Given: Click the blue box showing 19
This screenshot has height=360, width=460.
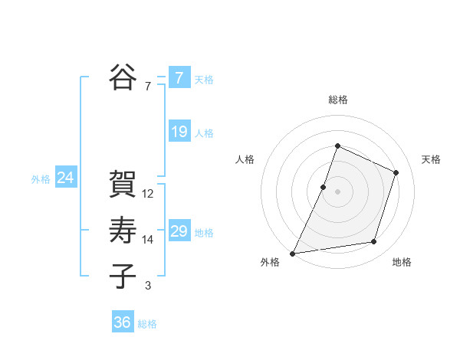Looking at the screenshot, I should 179,132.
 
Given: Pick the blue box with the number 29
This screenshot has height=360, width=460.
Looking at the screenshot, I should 179,231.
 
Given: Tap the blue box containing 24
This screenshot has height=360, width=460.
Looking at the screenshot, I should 65,178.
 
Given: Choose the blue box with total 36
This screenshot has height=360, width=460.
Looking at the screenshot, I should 123,322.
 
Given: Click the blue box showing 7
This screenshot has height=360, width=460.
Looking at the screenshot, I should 179,77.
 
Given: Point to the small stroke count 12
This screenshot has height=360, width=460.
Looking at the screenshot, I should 148,194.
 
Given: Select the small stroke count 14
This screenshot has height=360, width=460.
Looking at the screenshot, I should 148,240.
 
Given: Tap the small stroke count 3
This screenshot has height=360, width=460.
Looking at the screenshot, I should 148,286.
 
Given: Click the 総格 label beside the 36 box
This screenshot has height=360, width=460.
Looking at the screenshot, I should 147,324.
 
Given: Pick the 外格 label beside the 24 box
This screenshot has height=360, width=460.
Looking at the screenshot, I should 41,179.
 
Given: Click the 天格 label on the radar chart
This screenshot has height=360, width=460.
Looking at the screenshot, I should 431,159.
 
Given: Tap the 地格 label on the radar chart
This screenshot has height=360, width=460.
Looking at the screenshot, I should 402,262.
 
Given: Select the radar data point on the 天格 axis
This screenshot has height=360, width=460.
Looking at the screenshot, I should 396,172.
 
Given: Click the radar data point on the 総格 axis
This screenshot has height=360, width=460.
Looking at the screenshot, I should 337,146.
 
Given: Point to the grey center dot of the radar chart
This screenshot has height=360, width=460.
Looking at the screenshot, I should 337,191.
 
